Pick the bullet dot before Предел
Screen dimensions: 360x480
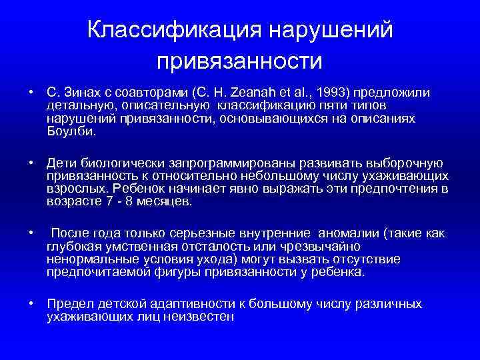[31, 304]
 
